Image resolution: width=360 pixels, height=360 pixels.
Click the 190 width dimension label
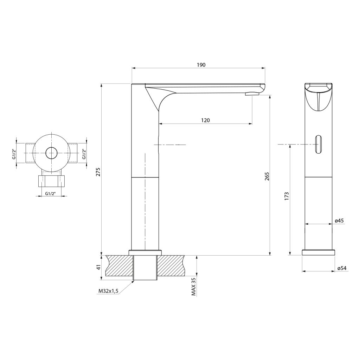click(201, 65)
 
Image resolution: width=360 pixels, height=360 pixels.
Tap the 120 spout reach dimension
click(205, 120)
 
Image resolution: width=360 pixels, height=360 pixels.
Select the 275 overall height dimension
click(98, 172)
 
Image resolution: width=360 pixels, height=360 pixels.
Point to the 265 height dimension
click(267, 176)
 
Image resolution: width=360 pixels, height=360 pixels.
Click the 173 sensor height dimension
click(287, 196)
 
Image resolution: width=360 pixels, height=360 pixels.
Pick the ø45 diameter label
click(339, 221)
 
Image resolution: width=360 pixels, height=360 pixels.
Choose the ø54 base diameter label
click(342, 268)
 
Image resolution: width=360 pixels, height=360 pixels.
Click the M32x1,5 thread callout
click(108, 291)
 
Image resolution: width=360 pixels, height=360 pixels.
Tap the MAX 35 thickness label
click(194, 287)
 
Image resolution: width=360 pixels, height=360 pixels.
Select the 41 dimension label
click(98, 267)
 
